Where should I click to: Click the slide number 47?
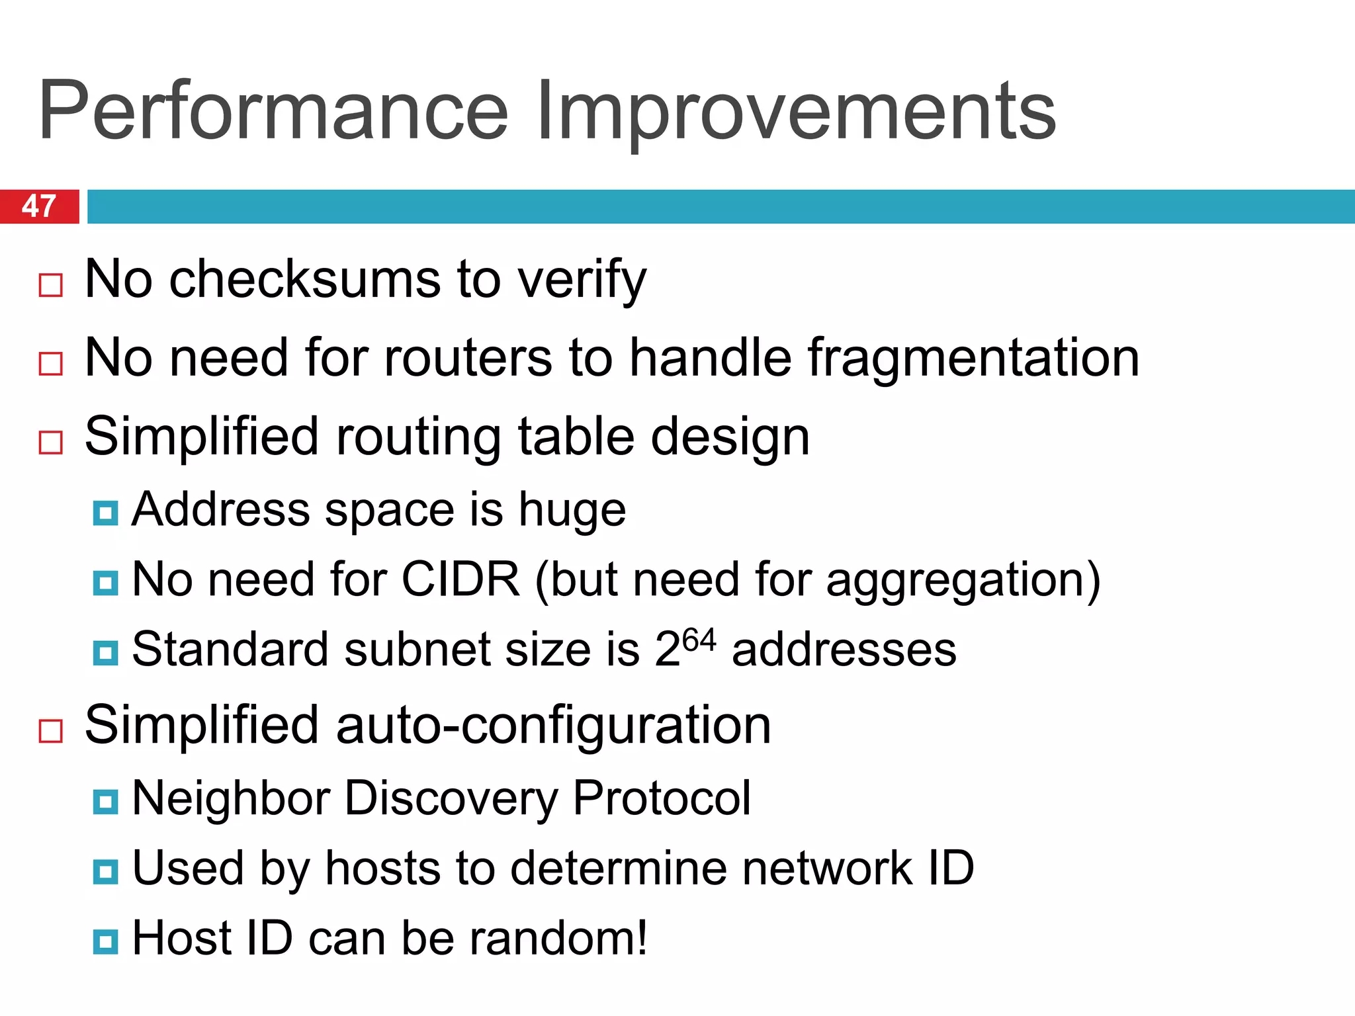tap(38, 206)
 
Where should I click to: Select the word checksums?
tap(305, 280)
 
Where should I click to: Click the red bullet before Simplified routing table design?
tap(51, 443)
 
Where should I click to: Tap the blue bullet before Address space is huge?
tap(106, 513)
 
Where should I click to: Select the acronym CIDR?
tap(460, 580)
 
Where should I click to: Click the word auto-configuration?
tap(553, 726)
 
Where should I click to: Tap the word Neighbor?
tap(231, 798)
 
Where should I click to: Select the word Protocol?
tap(661, 798)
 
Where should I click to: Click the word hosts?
tap(382, 868)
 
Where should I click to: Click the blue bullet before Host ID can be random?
tap(106, 941)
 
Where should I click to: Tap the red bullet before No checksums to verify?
tap(51, 285)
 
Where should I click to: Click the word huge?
tap(572, 511)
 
